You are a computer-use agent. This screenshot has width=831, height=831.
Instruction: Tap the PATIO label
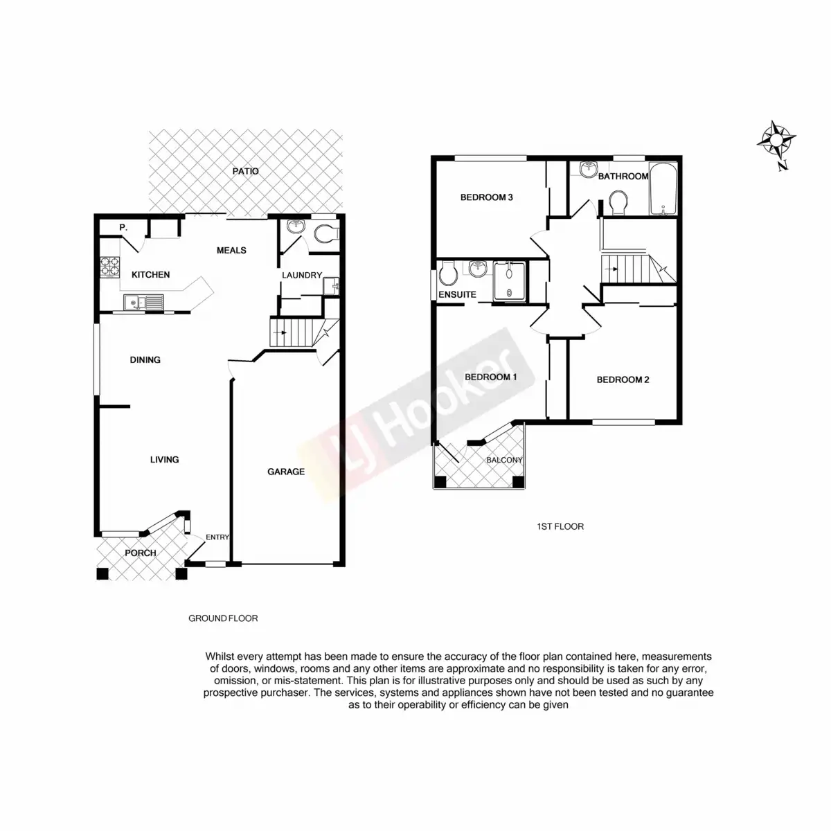coord(245,170)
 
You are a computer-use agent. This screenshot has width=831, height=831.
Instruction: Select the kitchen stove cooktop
coord(111,267)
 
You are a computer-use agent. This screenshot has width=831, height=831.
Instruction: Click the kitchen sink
coord(143,302)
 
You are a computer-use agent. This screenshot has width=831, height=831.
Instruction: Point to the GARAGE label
coord(286,472)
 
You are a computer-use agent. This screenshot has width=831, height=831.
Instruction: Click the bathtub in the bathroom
coord(663,189)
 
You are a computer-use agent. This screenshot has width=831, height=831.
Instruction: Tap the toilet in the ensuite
coord(447,275)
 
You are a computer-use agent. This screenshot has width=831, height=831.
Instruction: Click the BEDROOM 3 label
coord(486,197)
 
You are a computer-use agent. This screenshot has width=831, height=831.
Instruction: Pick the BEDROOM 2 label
coord(623,379)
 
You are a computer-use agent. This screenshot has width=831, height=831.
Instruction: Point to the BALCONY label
coord(504,460)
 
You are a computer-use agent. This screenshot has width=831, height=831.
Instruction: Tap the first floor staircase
coord(627,269)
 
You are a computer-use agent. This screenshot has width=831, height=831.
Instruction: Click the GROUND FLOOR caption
coord(223,618)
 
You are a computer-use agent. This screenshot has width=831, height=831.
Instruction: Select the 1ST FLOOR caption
coord(560,526)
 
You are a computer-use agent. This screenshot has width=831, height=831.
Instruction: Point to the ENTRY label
coord(217,537)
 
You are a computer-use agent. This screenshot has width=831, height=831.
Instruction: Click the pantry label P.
coord(122,227)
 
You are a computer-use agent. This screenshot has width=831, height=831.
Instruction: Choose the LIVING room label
coord(165,459)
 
